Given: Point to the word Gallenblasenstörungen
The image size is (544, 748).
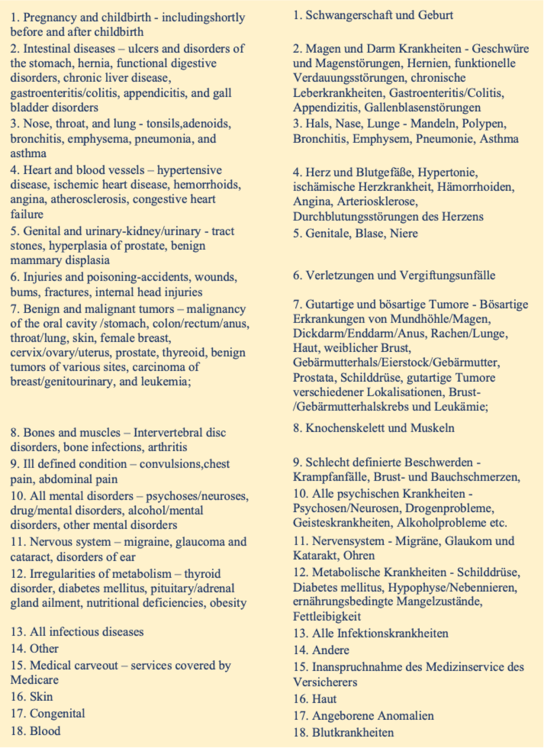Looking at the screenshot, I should click(x=422, y=107).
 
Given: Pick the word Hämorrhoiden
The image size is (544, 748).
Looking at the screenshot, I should click(x=476, y=187).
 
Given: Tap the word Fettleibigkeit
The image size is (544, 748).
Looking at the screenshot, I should click(x=327, y=617).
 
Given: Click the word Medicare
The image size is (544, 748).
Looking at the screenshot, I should click(x=34, y=680).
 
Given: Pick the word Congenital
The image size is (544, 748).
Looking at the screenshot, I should click(x=57, y=714).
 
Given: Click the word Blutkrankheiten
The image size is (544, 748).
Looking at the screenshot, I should click(x=353, y=732).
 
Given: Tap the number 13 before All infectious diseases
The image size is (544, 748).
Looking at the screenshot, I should click(x=17, y=632).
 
